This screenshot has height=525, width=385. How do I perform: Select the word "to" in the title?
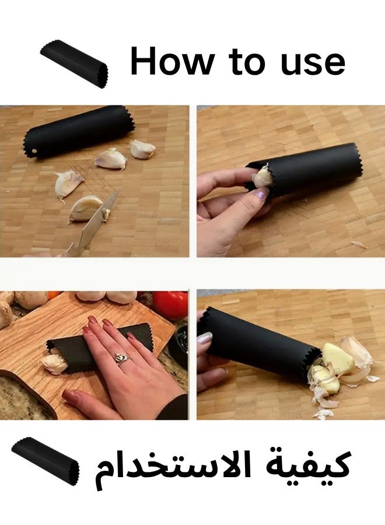(246, 61)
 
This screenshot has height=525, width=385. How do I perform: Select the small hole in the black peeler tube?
(34, 151)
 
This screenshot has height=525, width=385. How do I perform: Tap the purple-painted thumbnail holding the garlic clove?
(261, 193)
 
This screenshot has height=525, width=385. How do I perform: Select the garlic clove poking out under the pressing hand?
(54, 363)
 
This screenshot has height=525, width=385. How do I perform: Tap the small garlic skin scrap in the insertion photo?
(359, 244)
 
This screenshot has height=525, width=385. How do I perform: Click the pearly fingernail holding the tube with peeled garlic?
(205, 338)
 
